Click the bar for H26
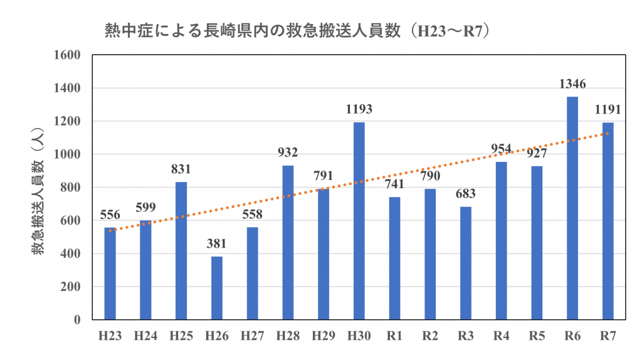click(216, 288)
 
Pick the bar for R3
click(465, 263)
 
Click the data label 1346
click(572, 84)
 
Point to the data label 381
click(216, 244)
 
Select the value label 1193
click(359, 109)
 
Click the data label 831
click(181, 169)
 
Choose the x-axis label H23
click(110, 337)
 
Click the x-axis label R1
click(394, 337)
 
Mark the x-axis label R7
click(608, 337)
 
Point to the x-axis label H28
click(288, 337)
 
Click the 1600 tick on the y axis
click(68, 55)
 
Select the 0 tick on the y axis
click(77, 320)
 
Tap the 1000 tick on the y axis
click(68, 154)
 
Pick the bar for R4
click(501, 241)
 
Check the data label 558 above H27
click(252, 214)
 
